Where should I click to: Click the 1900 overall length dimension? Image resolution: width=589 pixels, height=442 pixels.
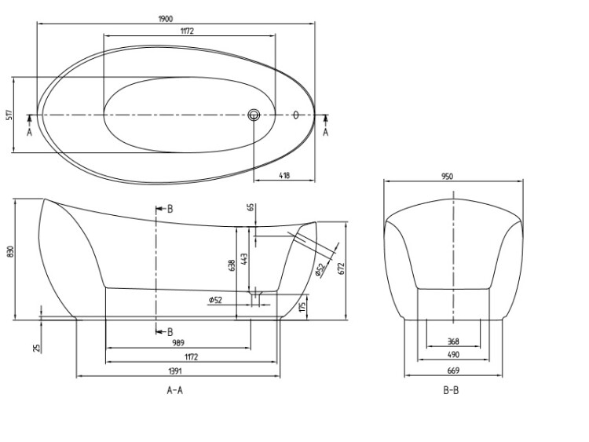click(165, 19)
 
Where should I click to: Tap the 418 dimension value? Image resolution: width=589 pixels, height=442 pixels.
click(284, 175)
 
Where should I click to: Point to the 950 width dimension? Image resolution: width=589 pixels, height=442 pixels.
click(448, 176)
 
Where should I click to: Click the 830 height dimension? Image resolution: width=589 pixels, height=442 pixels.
click(10, 251)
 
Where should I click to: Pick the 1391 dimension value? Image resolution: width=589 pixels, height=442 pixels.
click(175, 371)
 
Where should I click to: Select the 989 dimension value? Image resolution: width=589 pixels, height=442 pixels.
click(178, 343)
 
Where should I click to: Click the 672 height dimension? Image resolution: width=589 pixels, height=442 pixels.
click(341, 268)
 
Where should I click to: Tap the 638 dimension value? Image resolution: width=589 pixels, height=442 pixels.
click(232, 265)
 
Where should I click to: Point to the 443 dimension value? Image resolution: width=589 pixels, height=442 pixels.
click(243, 260)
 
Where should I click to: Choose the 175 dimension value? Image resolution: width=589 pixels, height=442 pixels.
click(302, 306)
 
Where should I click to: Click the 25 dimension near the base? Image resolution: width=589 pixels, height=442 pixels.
click(36, 348)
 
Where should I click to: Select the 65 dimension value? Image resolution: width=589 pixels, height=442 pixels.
click(251, 207)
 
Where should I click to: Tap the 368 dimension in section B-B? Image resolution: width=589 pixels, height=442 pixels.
click(453, 342)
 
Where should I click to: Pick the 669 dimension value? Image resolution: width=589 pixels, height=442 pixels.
click(453, 371)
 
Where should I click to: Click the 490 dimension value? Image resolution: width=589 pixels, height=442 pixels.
click(453, 355)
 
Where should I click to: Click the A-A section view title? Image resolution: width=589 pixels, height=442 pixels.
click(174, 390)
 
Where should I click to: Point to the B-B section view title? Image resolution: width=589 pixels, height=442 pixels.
click(451, 390)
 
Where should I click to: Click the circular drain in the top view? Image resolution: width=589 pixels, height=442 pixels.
click(254, 115)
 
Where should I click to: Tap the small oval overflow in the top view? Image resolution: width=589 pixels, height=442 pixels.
click(295, 115)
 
